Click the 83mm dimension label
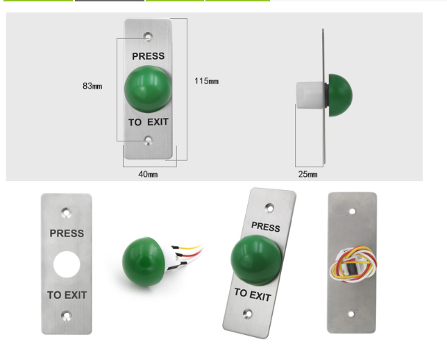point(92,86)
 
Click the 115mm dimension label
point(206,81)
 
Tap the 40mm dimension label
point(148,174)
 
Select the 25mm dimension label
point(307,174)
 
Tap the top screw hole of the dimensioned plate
point(147,34)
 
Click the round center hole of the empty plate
point(67,264)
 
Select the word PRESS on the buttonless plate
point(67,234)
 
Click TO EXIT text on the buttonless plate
point(67,295)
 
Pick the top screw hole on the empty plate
point(66,211)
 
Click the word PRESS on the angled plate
point(265,227)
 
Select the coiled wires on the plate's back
point(352,265)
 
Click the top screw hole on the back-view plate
point(353,210)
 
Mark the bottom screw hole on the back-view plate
point(351,314)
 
